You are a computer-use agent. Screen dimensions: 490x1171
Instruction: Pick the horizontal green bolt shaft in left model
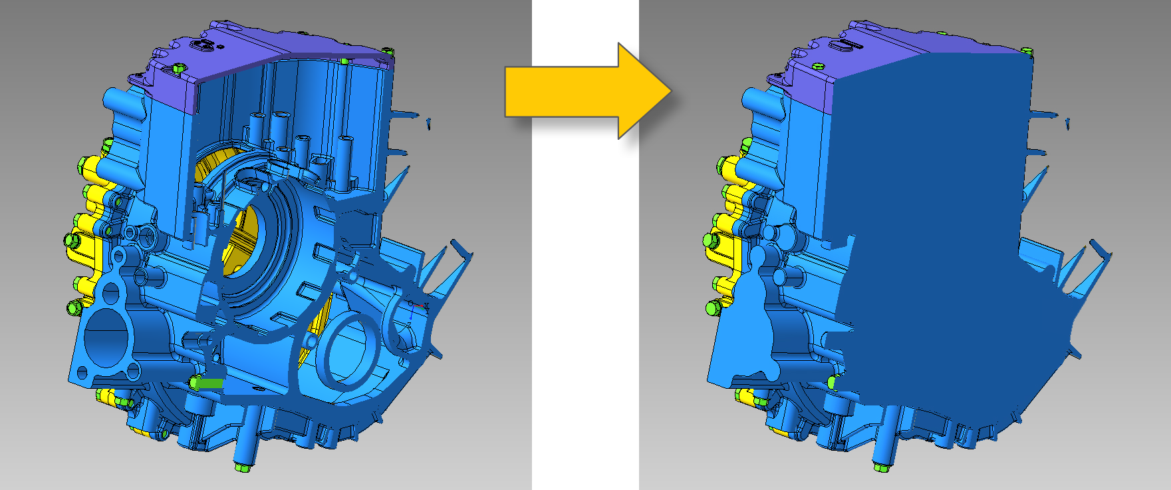[x=209, y=383]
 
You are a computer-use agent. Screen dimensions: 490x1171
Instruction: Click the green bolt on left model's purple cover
[x=178, y=68]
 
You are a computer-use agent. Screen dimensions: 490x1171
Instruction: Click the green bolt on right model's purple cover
[x=818, y=65]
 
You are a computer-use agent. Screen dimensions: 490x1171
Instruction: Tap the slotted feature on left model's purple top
[x=205, y=44]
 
